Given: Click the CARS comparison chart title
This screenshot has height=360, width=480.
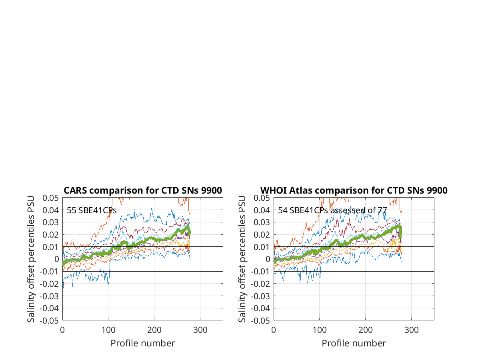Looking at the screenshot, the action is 142,190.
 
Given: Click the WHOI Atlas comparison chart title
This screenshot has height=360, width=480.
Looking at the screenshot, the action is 354,190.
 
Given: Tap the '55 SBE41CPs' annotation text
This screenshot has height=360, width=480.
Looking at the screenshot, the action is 92,210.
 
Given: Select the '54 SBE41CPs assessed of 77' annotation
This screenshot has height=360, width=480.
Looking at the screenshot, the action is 332,210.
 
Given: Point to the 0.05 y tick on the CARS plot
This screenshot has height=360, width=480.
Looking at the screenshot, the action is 50,198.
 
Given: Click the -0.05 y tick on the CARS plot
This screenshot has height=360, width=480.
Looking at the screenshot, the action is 49,321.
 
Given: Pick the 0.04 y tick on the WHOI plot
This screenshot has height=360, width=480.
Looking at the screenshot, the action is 262,210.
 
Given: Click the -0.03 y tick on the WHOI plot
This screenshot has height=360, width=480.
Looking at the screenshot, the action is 260,296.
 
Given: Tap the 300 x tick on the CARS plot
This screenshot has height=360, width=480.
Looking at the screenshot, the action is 200,330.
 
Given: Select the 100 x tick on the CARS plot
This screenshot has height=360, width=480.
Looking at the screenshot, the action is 108,330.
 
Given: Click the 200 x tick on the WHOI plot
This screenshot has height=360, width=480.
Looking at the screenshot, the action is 366,330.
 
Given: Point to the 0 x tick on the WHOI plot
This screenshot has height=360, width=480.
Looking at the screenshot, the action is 274,330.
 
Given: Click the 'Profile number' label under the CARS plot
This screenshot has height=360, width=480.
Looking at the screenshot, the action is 142,343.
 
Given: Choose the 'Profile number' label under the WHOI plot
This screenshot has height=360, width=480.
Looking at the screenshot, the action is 354,343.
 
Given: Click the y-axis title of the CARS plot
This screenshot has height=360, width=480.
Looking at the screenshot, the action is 31,259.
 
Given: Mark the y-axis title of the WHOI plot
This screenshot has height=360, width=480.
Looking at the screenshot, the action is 242,259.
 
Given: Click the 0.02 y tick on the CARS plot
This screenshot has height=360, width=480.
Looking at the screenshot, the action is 50,235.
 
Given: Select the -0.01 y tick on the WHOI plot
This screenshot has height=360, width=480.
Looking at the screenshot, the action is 260,272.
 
